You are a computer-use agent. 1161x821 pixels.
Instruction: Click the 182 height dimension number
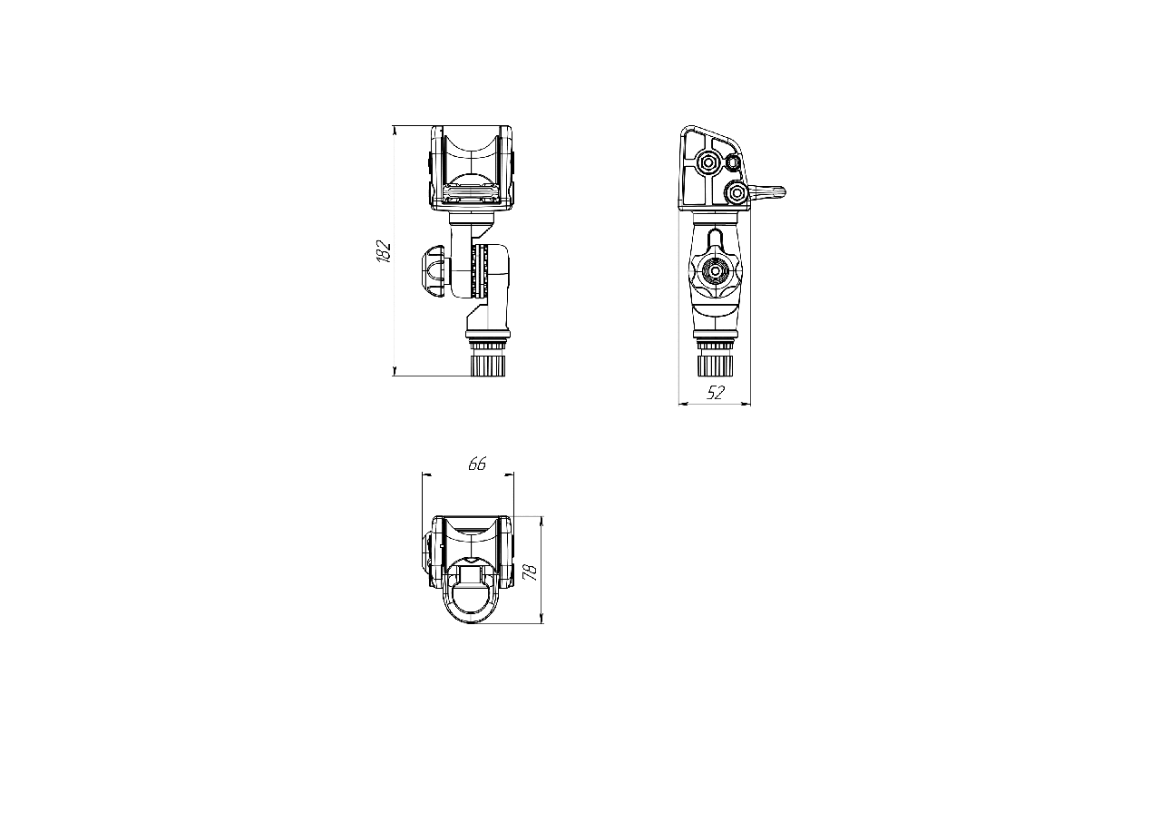point(384,251)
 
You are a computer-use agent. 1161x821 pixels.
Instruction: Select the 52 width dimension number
point(716,393)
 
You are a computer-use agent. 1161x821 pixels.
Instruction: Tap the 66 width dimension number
point(477,464)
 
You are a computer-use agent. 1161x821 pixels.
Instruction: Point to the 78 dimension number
point(531,572)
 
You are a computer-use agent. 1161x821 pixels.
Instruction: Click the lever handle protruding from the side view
point(767,191)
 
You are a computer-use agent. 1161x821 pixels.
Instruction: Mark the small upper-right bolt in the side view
point(732,162)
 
